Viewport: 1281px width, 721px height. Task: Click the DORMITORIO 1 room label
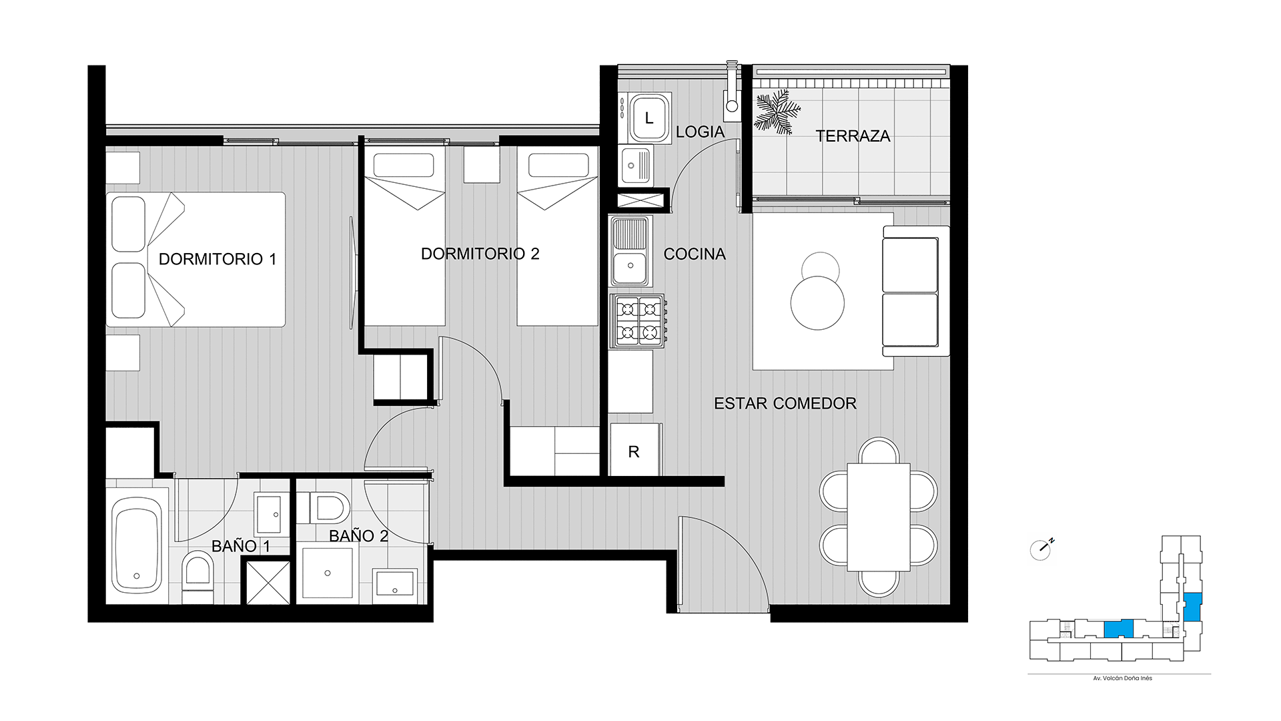pos(218,259)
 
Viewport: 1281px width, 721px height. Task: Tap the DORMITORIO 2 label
pos(480,254)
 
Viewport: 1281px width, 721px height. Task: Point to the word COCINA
pos(695,254)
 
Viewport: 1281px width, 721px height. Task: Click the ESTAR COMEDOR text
pos(785,403)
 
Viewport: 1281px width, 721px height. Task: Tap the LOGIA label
pos(700,132)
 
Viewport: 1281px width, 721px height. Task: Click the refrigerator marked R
pos(635,451)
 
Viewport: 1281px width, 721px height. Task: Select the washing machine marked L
pos(649,119)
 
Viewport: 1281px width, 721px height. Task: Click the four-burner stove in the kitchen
pos(639,321)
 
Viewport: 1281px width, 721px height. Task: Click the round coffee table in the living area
pos(817,302)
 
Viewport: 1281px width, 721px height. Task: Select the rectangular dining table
pos(879,517)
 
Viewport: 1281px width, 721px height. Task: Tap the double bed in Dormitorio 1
pos(196,260)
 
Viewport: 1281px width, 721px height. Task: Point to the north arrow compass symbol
pos(1041,549)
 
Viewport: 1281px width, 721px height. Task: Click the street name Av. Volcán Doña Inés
pos(1122,678)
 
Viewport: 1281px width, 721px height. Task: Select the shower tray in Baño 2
pos(327,573)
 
